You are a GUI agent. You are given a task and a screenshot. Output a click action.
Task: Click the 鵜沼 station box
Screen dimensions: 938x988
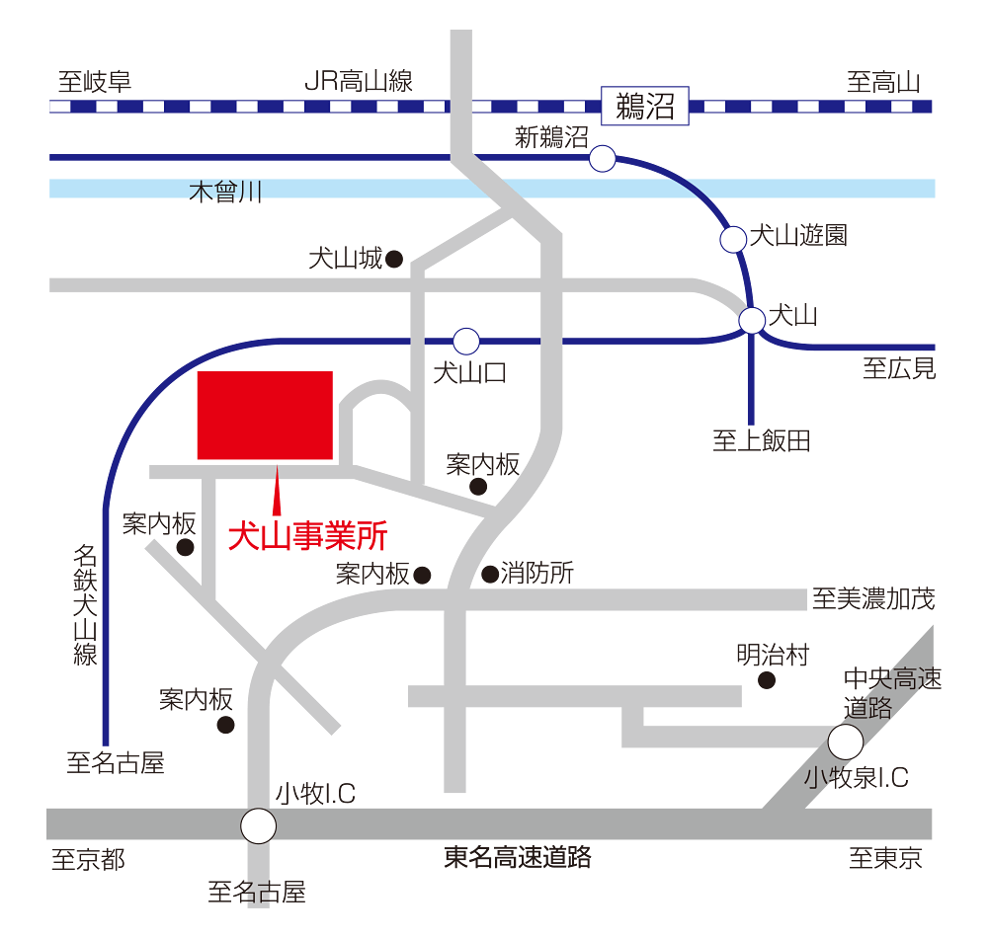(x=644, y=106)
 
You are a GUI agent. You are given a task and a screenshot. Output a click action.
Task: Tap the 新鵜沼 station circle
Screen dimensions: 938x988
(x=602, y=158)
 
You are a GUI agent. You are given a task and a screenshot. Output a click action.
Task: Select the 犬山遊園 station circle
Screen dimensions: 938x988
(x=733, y=239)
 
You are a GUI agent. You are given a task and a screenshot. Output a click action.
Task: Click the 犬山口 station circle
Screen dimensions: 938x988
(x=466, y=342)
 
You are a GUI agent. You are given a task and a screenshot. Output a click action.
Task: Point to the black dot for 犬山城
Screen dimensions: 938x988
(x=393, y=260)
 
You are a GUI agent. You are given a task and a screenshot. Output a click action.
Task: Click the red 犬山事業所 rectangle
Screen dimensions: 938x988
(x=265, y=415)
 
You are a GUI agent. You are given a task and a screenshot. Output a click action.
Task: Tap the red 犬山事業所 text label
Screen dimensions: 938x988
(x=307, y=536)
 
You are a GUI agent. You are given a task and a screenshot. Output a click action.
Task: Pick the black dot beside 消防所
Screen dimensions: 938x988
(x=489, y=574)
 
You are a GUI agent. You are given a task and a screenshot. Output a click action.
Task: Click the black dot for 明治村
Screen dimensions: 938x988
(x=766, y=680)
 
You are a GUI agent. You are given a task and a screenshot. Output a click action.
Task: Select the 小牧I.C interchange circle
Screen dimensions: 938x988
(x=259, y=825)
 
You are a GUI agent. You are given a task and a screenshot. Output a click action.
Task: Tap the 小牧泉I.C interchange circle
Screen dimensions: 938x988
(x=846, y=741)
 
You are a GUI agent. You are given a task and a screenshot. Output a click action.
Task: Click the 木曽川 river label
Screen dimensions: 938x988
(x=225, y=192)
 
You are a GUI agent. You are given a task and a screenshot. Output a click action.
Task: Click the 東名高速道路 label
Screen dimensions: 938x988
(x=518, y=857)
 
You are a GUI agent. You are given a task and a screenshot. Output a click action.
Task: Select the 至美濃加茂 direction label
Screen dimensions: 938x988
(x=872, y=598)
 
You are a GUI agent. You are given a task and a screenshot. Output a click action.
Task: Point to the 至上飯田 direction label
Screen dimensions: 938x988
(x=762, y=441)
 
